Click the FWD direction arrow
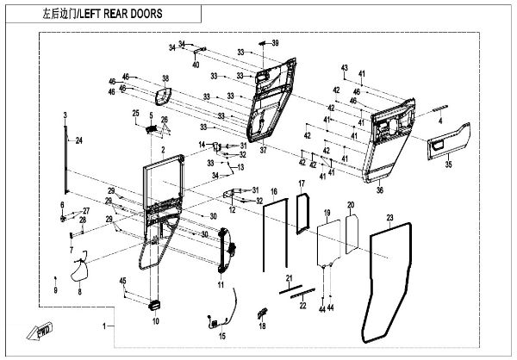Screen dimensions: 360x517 coord(41,330)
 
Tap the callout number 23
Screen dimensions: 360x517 coord(389,218)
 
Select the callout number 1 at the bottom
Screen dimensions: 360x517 coord(105,327)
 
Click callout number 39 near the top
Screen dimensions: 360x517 coord(276,42)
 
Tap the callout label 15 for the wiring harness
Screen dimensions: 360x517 coord(221,336)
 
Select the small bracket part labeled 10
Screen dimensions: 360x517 coord(155,305)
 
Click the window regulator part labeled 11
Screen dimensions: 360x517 coord(226,250)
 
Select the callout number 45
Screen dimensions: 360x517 coord(122,281)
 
